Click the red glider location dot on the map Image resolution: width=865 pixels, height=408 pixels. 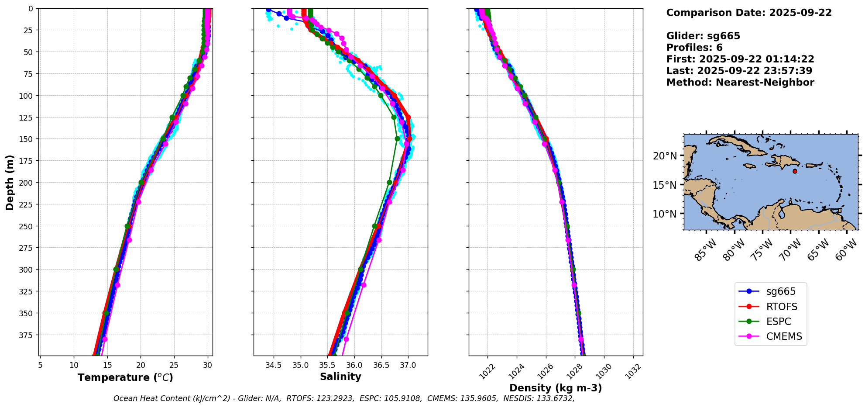coord(795,171)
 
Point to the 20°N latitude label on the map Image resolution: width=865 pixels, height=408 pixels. coord(665,156)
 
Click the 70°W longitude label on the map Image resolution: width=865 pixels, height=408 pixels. coord(790,250)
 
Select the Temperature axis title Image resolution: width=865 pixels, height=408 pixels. coord(125,378)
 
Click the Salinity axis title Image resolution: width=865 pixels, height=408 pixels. coord(340,377)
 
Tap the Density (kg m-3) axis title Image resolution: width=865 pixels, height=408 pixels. coord(556,388)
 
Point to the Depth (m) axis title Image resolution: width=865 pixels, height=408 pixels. coord(10,182)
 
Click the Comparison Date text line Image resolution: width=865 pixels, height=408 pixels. coord(749,13)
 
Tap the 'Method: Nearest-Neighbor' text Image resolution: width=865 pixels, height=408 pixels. coord(740,83)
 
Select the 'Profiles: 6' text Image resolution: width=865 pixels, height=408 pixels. coord(694,48)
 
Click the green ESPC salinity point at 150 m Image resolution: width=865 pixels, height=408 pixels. coord(397,139)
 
